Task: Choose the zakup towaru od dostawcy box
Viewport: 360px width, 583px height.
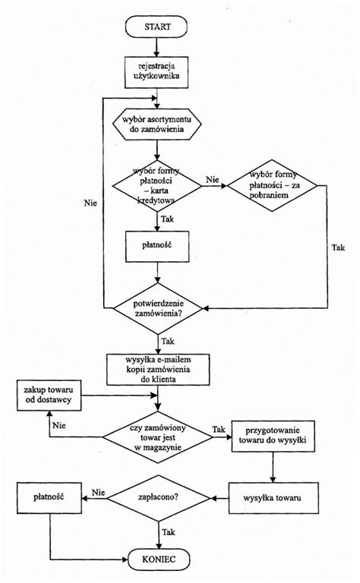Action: [x=48, y=394]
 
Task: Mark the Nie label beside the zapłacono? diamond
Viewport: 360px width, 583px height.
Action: [x=98, y=492]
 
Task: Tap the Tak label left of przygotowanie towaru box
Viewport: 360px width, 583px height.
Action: [x=218, y=430]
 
